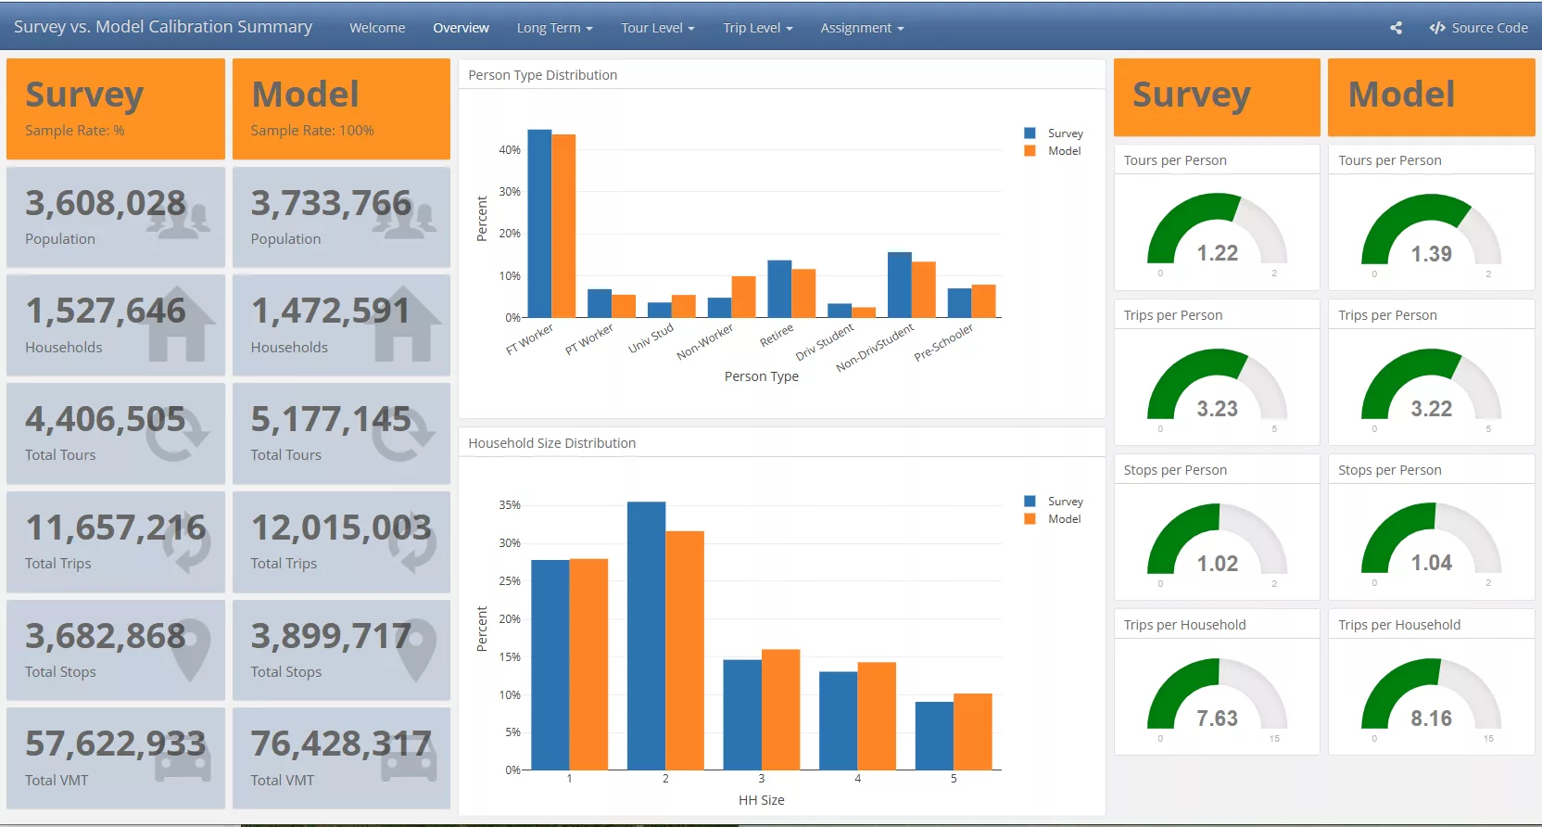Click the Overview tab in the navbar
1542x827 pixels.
tap(461, 28)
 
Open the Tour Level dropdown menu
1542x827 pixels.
tap(657, 28)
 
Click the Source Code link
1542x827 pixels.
tap(1479, 28)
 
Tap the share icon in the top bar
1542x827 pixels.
tap(1396, 28)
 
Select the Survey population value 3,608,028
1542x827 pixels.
tap(105, 203)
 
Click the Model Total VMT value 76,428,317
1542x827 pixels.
tap(340, 744)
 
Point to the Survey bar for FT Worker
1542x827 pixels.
tap(539, 223)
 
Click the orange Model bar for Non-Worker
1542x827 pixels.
tap(743, 297)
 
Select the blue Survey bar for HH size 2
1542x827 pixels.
tap(646, 635)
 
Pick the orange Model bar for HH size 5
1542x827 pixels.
tap(972, 732)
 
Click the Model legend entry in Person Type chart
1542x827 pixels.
tap(1063, 151)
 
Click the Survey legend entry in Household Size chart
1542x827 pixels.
tap(1064, 502)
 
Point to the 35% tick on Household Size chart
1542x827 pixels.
tap(510, 505)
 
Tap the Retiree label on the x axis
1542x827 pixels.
tap(777, 335)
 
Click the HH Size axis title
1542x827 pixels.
tap(761, 800)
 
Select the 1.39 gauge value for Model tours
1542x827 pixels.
tap(1431, 254)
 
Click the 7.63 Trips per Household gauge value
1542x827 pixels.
tap(1217, 719)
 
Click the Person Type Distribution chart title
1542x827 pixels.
tap(542, 75)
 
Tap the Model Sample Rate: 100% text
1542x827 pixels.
tap(312, 131)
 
